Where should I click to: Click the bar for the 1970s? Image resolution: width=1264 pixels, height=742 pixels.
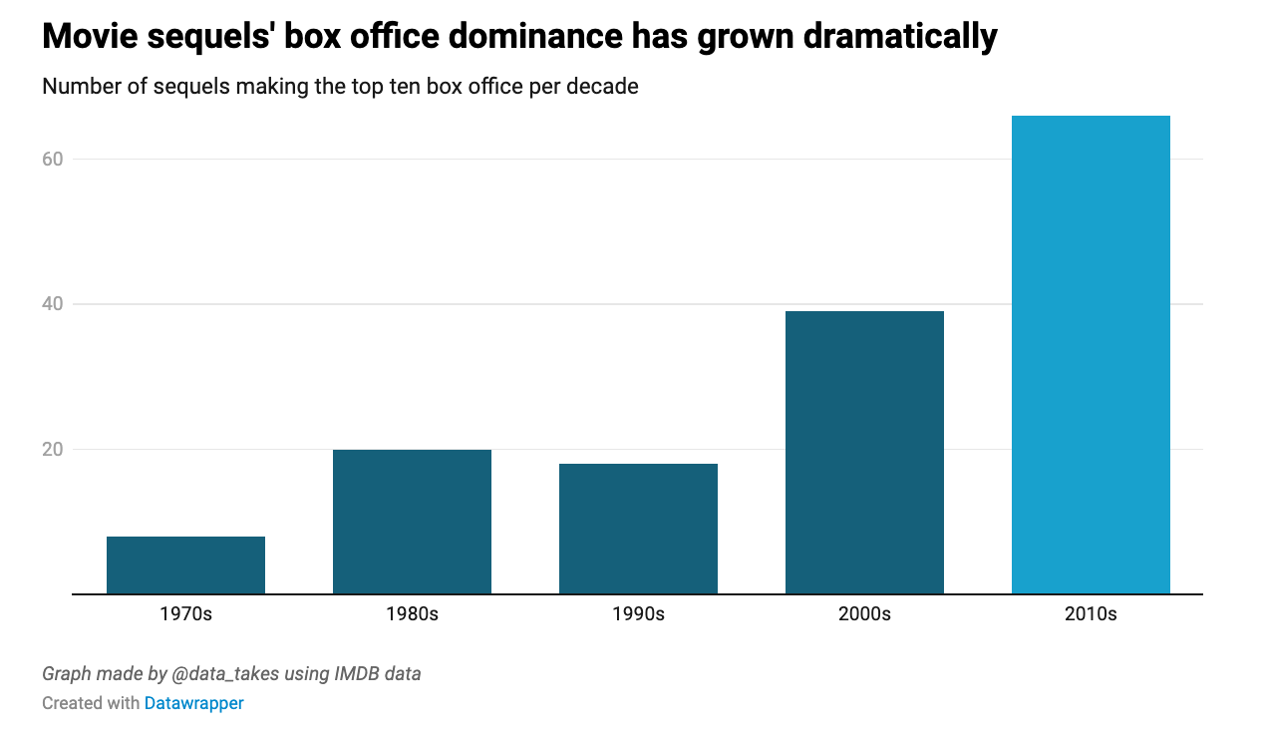[x=185, y=564]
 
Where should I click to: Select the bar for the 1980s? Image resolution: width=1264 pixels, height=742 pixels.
[x=412, y=522]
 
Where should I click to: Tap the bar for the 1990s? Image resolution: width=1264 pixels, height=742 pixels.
[x=638, y=529]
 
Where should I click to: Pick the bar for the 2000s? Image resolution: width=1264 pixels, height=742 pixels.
[x=864, y=452]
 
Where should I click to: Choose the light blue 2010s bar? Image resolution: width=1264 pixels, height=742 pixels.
[x=1091, y=354]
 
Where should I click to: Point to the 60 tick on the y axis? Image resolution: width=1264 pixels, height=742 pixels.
[x=52, y=160]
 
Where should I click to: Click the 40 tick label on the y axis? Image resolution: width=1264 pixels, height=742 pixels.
[x=52, y=304]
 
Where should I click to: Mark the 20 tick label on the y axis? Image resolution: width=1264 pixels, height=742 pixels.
[x=52, y=450]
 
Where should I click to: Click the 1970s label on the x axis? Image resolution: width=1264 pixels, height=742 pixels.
[x=185, y=614]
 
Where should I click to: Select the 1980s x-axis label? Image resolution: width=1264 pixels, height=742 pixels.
[x=412, y=614]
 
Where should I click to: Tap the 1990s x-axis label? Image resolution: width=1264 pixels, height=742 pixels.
[x=638, y=614]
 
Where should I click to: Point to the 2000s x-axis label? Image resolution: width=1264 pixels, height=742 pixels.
[x=864, y=614]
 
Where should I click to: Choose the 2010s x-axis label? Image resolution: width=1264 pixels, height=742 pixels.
[x=1091, y=614]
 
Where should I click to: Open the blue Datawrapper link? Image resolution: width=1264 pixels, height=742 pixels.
[x=193, y=703]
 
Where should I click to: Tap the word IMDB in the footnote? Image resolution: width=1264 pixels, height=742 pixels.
[x=353, y=674]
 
